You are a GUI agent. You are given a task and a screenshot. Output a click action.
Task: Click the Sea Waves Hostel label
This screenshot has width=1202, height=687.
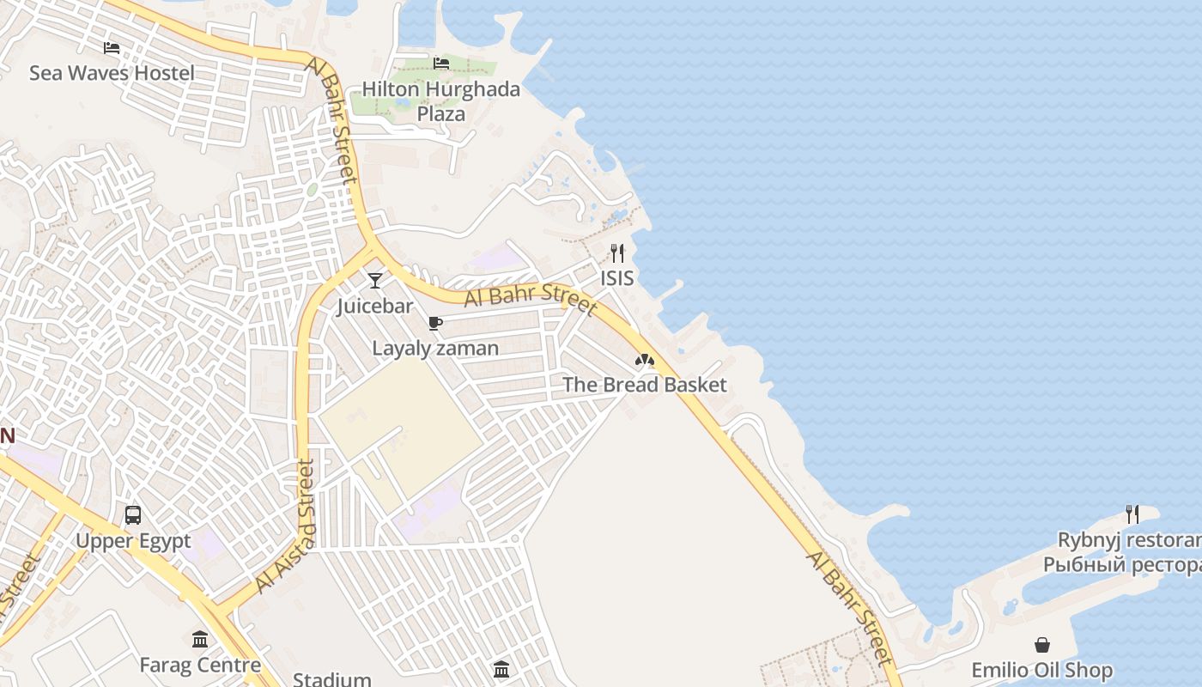coord(112,73)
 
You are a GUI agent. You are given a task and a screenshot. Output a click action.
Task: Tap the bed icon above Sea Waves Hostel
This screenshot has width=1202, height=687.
coord(112,47)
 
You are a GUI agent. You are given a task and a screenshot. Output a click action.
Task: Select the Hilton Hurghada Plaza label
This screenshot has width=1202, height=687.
coord(440,101)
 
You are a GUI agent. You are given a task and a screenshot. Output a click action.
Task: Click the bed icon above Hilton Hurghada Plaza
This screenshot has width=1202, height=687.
coord(441,63)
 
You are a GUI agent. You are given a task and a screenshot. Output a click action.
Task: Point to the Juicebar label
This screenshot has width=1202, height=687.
coord(375,306)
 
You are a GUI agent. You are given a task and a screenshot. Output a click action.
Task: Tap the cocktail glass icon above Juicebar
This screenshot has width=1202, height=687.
coord(375,280)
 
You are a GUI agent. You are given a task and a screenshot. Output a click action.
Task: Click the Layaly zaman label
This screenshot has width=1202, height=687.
coord(435,348)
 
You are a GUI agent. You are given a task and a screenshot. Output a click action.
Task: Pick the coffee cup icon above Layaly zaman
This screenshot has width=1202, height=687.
coord(435,323)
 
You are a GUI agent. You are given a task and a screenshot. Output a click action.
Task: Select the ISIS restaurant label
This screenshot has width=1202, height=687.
coord(617,277)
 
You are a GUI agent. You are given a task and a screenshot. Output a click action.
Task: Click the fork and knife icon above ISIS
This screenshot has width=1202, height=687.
coord(617,252)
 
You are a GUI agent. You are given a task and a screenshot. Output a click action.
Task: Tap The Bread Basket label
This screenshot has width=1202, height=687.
coord(645,385)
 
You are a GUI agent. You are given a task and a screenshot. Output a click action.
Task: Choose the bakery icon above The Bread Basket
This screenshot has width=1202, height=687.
coord(645,360)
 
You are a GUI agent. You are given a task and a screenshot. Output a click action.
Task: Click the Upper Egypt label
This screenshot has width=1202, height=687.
coord(133,541)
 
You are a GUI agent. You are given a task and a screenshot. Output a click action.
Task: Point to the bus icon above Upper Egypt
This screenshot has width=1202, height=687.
coord(133,515)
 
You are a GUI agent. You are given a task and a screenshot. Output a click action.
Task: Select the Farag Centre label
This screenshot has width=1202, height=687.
coord(200,665)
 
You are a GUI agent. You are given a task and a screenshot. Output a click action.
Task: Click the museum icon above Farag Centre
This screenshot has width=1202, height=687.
coord(200,639)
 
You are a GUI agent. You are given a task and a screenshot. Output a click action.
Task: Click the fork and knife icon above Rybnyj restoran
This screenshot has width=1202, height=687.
coord(1132,514)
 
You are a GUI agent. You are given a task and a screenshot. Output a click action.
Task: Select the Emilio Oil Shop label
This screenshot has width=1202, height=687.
coord(1042,670)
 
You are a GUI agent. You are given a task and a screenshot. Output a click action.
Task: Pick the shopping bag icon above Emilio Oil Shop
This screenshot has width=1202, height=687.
coord(1042,644)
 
